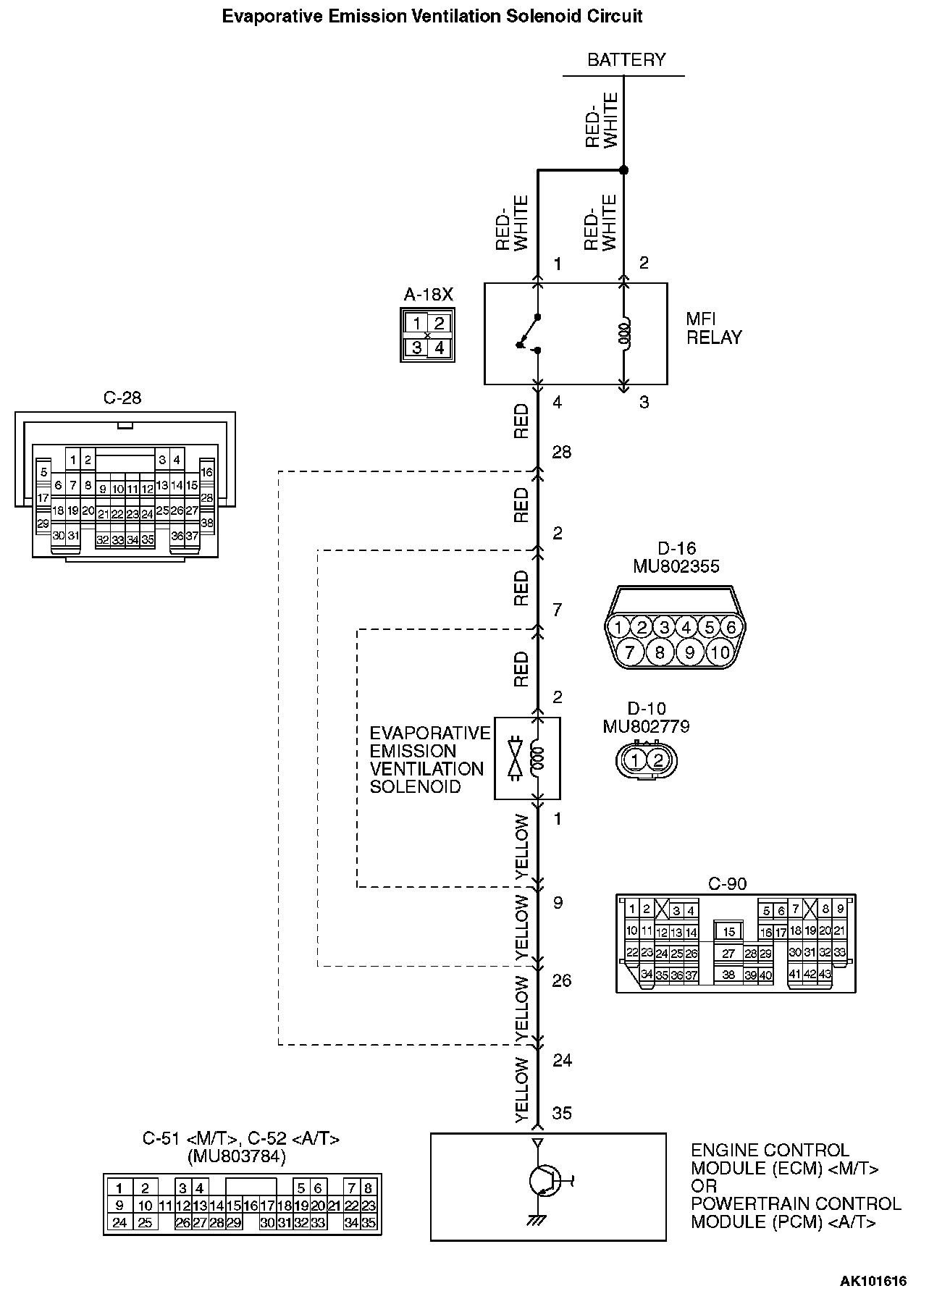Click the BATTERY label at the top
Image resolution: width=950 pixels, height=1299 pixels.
coord(626,59)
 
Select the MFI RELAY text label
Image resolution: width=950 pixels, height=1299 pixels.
coord(714,329)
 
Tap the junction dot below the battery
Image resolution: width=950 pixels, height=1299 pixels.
coord(624,170)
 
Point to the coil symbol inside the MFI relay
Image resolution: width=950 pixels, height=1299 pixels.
coord(625,332)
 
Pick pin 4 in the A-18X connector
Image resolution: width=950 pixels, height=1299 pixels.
coord(440,348)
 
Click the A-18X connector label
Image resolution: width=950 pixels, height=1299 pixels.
coord(428,295)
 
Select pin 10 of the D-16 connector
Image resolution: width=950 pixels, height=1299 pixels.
coord(720,653)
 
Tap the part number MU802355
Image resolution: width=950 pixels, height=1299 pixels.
coord(676,566)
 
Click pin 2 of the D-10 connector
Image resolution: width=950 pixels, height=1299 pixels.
coord(658,760)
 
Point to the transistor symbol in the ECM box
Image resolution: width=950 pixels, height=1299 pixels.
coord(544,1181)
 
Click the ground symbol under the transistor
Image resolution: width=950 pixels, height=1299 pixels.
coord(536,1220)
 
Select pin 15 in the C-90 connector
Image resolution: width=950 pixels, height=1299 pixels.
coord(728,932)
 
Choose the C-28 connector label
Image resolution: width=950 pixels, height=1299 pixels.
coord(122,398)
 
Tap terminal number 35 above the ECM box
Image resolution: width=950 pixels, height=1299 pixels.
coord(562,1113)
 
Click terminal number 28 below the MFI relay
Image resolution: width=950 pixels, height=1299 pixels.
coord(562,452)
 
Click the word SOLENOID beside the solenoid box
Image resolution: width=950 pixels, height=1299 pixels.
coord(415,786)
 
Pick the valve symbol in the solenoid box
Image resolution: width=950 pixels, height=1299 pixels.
coord(516,757)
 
